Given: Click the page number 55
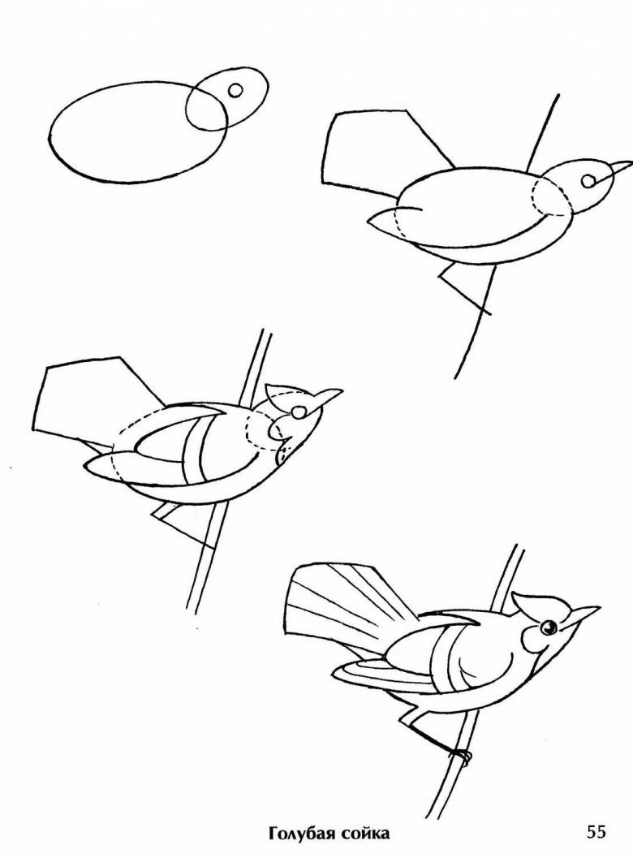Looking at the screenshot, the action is coord(597,833).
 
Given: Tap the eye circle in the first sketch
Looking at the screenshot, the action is coord(235,90).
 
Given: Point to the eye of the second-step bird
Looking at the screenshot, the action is coord(588,180).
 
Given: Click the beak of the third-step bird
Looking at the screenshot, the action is coord(330,397).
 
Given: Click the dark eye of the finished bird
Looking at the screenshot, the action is coord(548,627).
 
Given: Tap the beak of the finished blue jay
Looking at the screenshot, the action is coord(583,614).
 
